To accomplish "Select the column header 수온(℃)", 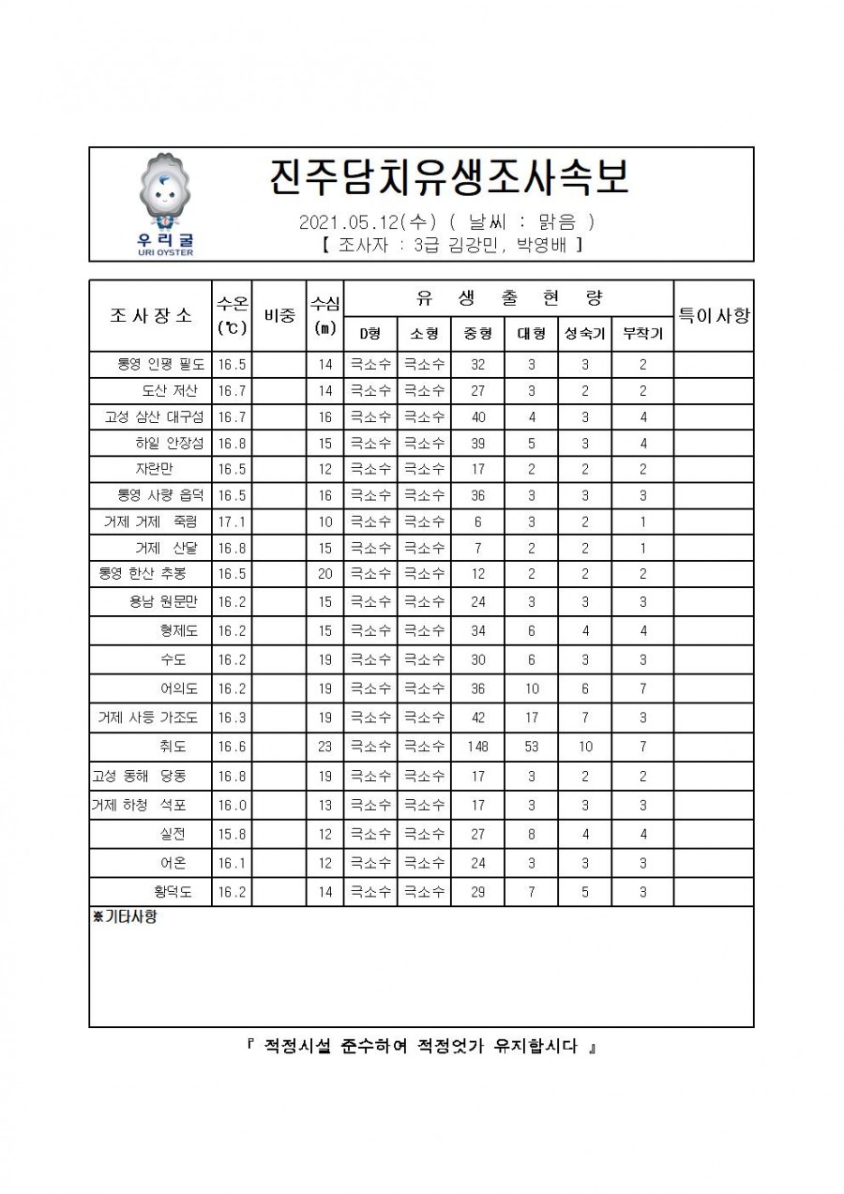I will click(232, 315).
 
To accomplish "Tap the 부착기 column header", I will click(642, 333).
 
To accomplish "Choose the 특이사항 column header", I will click(714, 315).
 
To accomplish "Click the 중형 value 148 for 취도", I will click(477, 747).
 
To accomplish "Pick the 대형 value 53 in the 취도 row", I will click(531, 747).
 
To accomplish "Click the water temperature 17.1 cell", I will click(232, 521).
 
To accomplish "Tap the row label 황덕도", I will click(173, 892).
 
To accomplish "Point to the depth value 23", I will click(324, 747).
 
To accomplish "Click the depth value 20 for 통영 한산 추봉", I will click(324, 573).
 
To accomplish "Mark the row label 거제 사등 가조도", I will click(148, 718).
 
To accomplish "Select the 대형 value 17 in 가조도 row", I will click(531, 718).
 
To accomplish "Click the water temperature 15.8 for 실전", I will click(232, 834).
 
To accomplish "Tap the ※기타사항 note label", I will click(125, 917).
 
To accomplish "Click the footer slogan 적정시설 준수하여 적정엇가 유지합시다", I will click(421, 1047).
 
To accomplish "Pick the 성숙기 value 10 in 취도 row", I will click(585, 747).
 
